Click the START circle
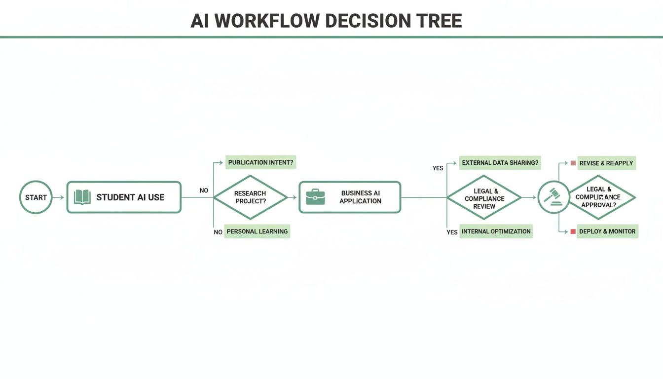pos(36,197)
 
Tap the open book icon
pos(82,197)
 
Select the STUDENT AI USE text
pos(130,197)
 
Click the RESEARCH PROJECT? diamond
pos(250,197)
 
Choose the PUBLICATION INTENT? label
pos(261,162)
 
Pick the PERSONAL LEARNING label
pos(257,231)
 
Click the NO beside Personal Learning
pos(218,232)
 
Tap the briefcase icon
pos(315,197)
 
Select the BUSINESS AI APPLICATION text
pos(360,197)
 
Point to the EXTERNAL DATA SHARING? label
pos(500,162)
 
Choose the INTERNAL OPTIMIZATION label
pos(496,231)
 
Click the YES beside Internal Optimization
pos(452,232)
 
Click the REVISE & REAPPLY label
pos(606,163)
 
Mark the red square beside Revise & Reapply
pos(573,163)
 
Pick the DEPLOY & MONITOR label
pos(607,231)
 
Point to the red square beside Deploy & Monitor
pos(573,231)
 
